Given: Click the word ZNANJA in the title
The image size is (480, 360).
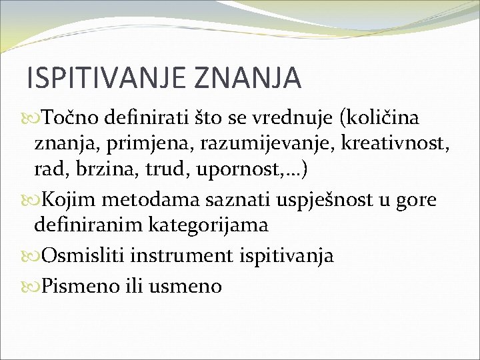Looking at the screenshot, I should click(247, 78).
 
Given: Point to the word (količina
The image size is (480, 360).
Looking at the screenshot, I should click(379, 118).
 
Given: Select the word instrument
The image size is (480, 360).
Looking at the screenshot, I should click(186, 256).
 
